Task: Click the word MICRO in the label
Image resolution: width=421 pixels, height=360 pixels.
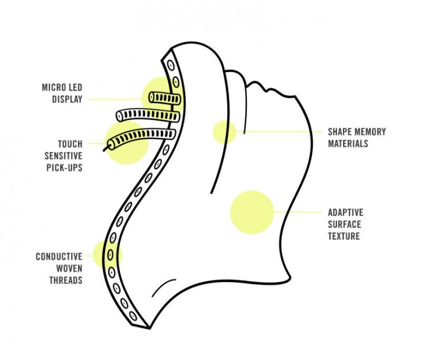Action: point(52,88)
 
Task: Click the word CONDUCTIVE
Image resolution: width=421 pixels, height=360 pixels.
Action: point(59,256)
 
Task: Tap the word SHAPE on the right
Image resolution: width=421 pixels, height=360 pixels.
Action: point(340,132)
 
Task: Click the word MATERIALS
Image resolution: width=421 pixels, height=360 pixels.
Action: point(348,144)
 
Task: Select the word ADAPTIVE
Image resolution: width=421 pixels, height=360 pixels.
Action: point(345,212)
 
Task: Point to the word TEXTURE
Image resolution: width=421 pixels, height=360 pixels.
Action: point(344,236)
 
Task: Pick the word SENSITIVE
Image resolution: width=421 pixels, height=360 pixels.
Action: point(64,156)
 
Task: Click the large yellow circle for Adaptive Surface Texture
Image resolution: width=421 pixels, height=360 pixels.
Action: point(251,212)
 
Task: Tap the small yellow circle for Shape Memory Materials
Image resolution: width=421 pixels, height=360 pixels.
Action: point(223,132)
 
